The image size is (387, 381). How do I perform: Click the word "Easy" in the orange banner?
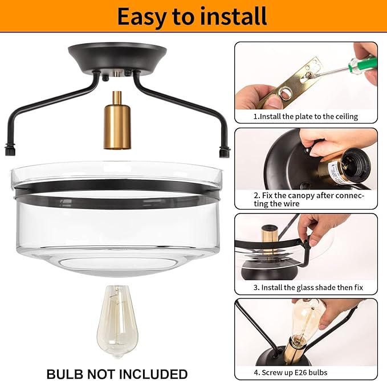(x=141, y=17)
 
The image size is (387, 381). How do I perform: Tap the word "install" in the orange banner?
(x=234, y=17)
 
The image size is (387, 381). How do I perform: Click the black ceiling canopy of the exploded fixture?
(x=117, y=59)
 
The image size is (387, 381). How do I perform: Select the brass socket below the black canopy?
(x=117, y=121)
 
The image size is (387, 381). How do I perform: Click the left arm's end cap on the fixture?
(x=10, y=150)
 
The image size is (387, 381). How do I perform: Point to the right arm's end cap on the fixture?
(x=225, y=151)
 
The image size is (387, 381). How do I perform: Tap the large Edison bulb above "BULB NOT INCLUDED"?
(x=117, y=321)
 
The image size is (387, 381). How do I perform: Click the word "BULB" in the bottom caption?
(x=64, y=374)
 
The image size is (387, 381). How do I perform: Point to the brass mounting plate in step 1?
(x=290, y=83)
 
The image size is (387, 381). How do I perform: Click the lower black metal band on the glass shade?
(x=117, y=202)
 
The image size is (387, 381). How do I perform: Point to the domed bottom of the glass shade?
(x=117, y=263)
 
